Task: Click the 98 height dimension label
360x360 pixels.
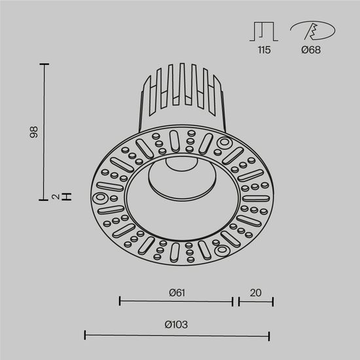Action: click(x=33, y=132)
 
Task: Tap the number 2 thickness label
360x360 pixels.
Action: click(x=57, y=196)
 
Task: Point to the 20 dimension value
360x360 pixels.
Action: click(x=255, y=293)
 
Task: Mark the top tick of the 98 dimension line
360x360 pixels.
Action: click(x=45, y=64)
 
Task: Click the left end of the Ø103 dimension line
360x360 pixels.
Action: click(x=85, y=335)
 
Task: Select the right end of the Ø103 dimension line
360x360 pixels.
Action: click(x=269, y=335)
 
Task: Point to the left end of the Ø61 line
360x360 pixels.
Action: click(x=120, y=301)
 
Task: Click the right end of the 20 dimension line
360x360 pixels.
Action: click(x=273, y=301)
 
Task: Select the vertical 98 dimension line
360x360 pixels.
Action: click(x=45, y=131)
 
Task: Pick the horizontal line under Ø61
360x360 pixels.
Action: click(x=177, y=301)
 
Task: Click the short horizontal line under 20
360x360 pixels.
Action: click(x=256, y=301)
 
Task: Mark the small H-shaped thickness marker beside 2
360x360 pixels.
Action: click(x=66, y=196)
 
